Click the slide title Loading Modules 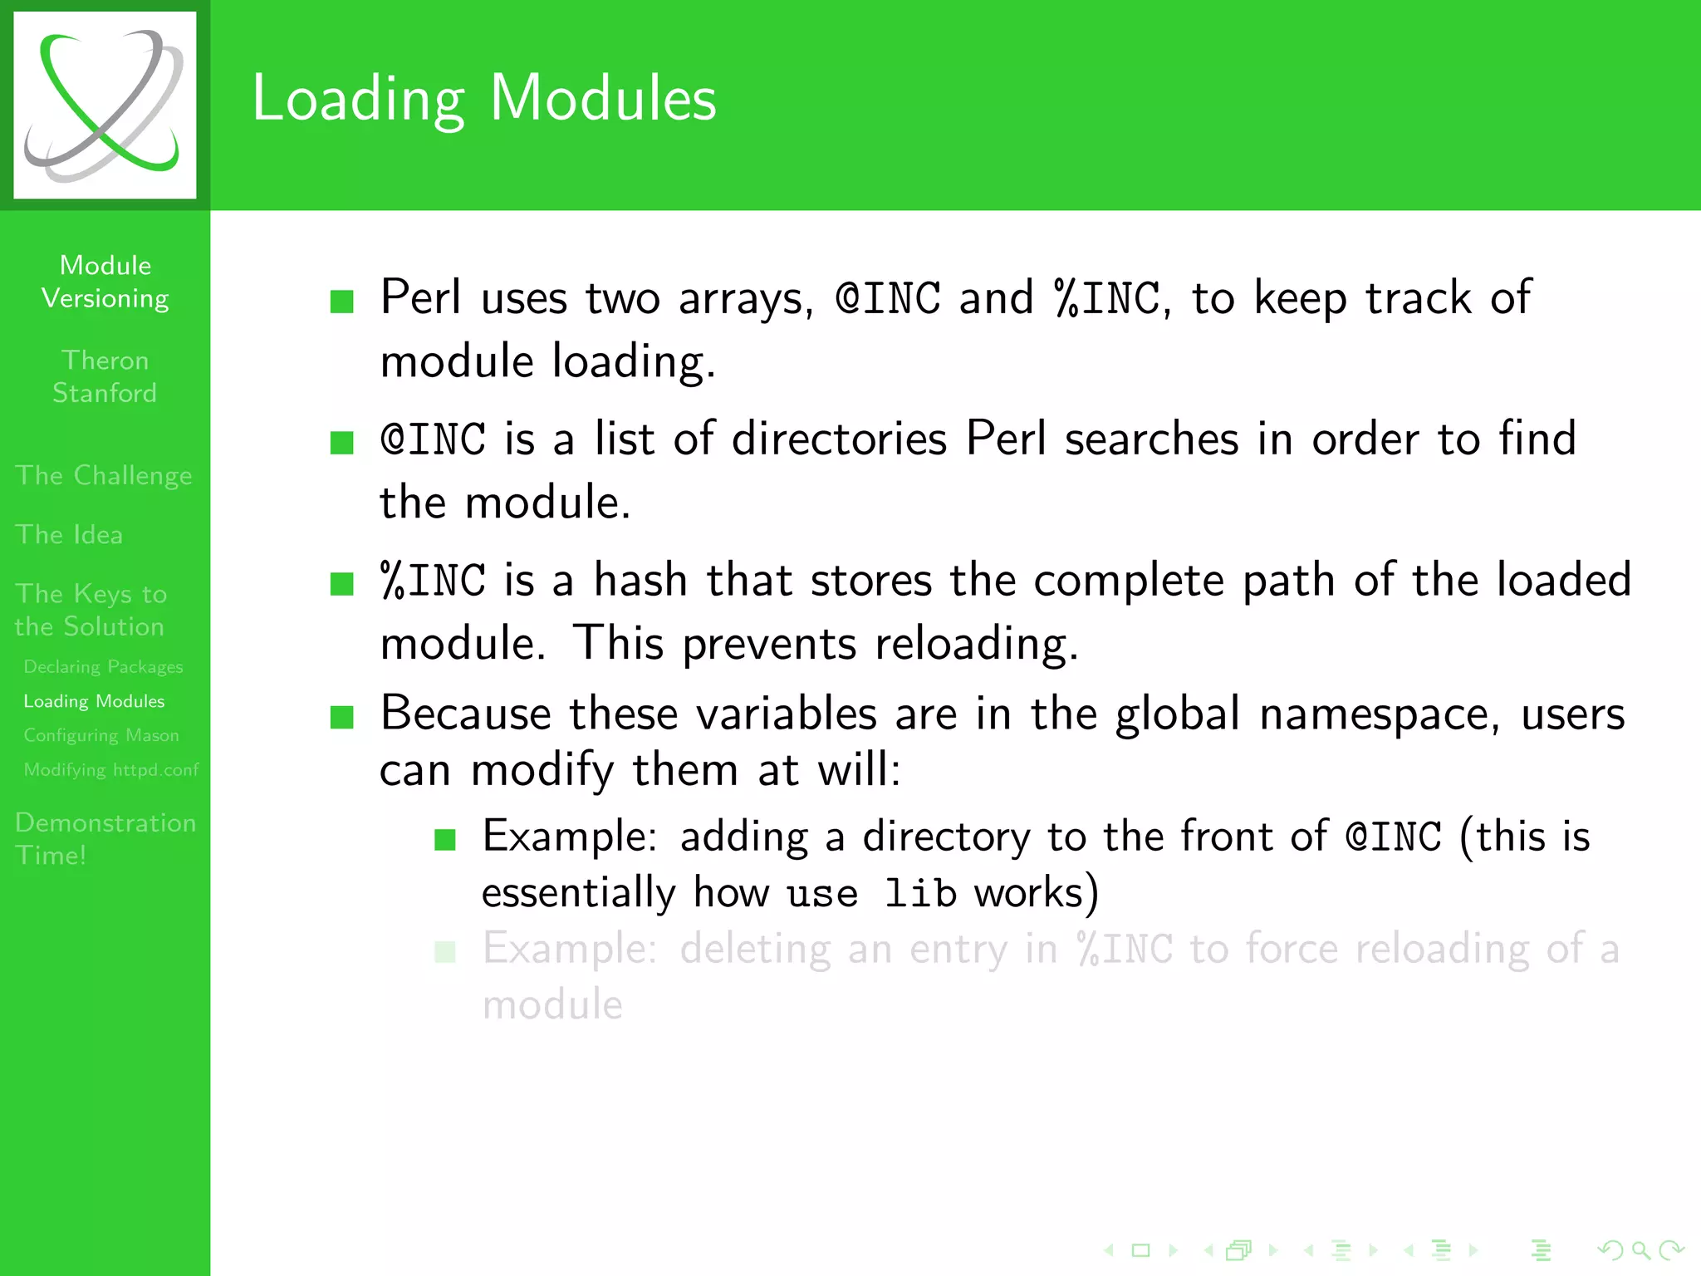pyautogui.click(x=483, y=98)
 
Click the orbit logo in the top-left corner pyautogui.click(x=105, y=105)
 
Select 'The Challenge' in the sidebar pyautogui.click(x=104, y=475)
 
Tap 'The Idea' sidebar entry pyautogui.click(x=69, y=534)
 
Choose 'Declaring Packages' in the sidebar pyautogui.click(x=103, y=667)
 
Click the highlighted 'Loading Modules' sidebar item pyautogui.click(x=94, y=701)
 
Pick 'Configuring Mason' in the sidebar pyautogui.click(x=101, y=735)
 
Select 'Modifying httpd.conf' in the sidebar pyautogui.click(x=111, y=769)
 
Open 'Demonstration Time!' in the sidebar pyautogui.click(x=105, y=838)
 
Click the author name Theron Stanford pyautogui.click(x=105, y=376)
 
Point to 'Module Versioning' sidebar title pyautogui.click(x=105, y=282)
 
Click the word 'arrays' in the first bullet pyautogui.click(x=745, y=299)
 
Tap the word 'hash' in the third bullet pyautogui.click(x=640, y=580)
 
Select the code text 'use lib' pyautogui.click(x=871, y=894)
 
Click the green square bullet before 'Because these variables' pyautogui.click(x=342, y=716)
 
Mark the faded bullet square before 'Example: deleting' pyautogui.click(x=445, y=951)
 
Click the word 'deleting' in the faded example pyautogui.click(x=755, y=949)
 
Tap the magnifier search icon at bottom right pyautogui.click(x=1640, y=1249)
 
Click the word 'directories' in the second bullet pyautogui.click(x=839, y=439)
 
